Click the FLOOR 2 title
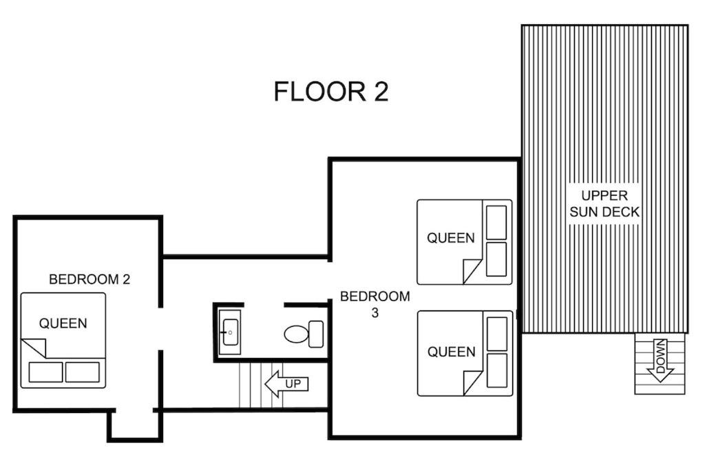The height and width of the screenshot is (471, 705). coord(331,92)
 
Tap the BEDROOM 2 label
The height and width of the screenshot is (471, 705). coord(90,279)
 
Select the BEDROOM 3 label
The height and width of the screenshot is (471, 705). coord(375,304)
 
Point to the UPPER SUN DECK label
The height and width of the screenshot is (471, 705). coord(604,203)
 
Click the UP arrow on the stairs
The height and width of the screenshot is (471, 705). coord(286,384)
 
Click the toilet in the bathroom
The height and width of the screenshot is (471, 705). coord(304,334)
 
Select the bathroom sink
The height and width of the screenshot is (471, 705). coord(230,332)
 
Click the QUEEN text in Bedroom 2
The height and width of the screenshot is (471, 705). coord(63,323)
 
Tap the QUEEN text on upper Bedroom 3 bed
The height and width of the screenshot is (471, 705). coord(450,238)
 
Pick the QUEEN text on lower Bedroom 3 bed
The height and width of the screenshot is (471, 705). coord(451,352)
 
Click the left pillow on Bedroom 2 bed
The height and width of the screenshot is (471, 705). coord(46,372)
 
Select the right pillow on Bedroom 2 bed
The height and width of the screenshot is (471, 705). coord(83,372)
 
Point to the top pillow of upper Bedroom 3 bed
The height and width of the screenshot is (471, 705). coord(496,223)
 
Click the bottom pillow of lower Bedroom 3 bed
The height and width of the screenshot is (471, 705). coord(497,370)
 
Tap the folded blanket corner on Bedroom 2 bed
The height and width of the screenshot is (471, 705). coord(34,348)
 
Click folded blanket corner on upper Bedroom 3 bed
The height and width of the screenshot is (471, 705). coord(472,272)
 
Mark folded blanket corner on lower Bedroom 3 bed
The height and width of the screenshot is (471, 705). coord(472,383)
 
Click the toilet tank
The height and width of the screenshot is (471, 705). coord(316,334)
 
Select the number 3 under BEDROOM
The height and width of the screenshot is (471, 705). coord(375,313)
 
